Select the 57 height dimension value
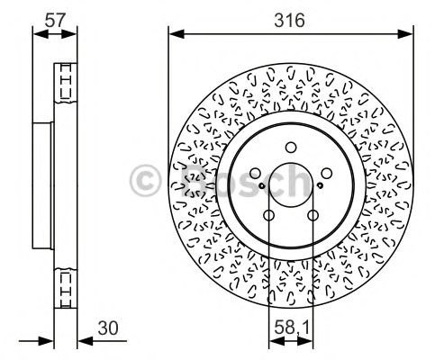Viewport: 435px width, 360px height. (54, 18)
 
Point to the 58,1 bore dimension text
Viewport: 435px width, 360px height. (290, 327)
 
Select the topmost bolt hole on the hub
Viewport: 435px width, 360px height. (290, 148)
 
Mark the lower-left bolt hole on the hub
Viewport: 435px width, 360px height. (269, 214)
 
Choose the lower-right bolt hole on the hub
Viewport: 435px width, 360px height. (312, 214)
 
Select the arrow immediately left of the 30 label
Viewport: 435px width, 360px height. (85, 341)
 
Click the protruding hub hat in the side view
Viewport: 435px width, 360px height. (42, 186)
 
